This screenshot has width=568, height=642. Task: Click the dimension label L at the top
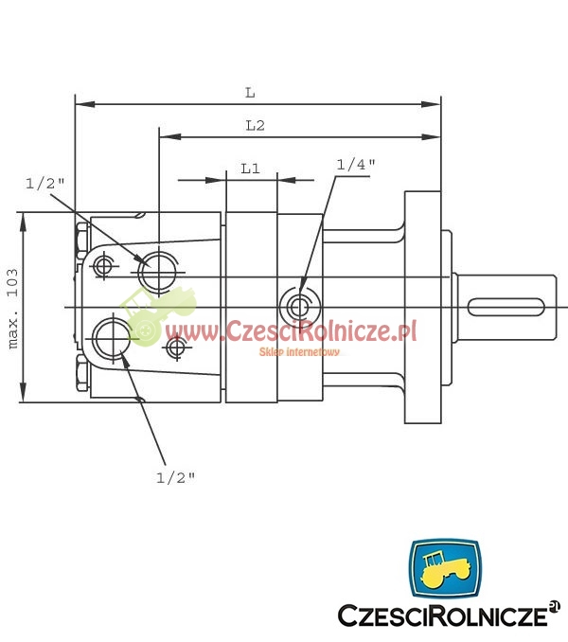250,93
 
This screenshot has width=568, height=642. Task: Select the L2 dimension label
255,125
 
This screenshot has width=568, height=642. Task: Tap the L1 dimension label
250,169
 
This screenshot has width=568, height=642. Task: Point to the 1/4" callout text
356,165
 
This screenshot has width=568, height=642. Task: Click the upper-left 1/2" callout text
45,184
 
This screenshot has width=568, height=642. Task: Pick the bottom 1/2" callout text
175,477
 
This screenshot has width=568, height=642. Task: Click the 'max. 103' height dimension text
13,309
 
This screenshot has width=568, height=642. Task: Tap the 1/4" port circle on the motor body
298,306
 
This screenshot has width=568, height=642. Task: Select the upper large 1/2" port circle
158,272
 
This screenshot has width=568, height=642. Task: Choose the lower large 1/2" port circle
112,338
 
